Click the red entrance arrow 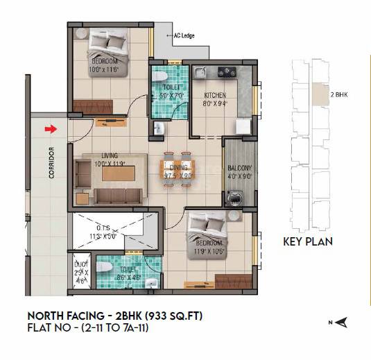[x=49, y=128]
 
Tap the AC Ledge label [x=183, y=35]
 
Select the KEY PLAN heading [x=309, y=242]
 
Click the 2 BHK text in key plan [x=340, y=92]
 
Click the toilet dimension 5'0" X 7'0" [x=166, y=96]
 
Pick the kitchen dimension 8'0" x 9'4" [x=216, y=104]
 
